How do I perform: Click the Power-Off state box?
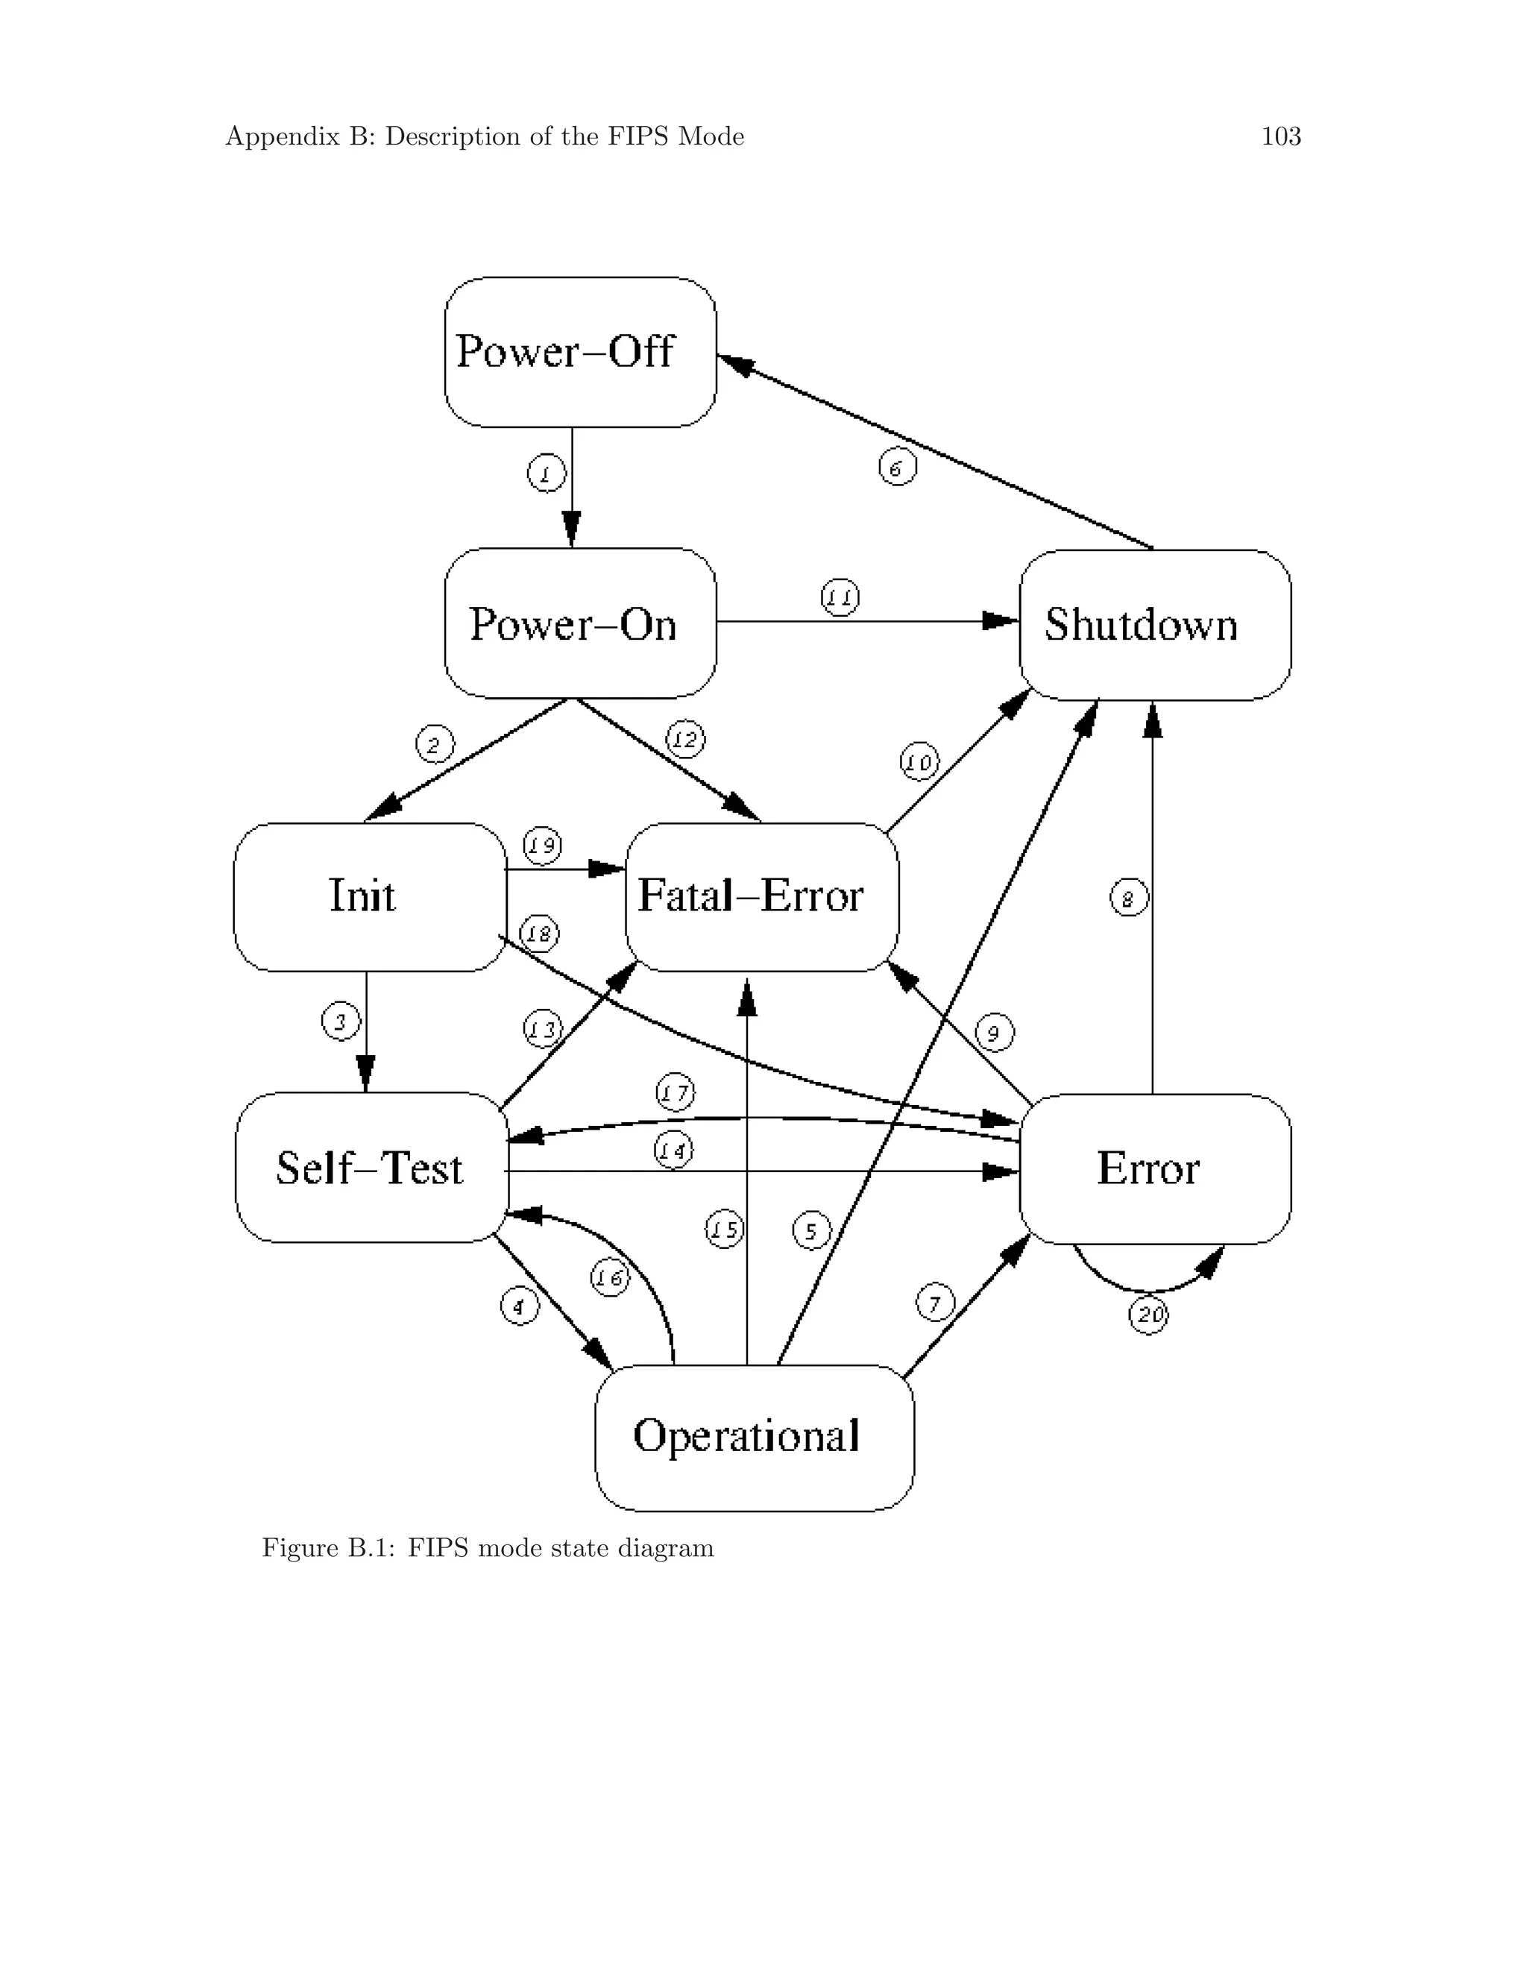click(580, 352)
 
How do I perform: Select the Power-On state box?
click(580, 623)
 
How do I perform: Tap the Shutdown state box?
click(1154, 625)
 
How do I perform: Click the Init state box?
click(369, 896)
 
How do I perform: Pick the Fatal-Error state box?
click(762, 896)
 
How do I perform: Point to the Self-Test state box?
click(371, 1167)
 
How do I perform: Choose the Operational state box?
click(754, 1438)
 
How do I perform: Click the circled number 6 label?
click(898, 468)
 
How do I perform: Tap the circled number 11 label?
click(840, 597)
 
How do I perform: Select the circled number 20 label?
click(1148, 1315)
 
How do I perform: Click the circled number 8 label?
click(1128, 899)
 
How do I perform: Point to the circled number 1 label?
click(546, 473)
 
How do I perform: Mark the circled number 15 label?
click(724, 1230)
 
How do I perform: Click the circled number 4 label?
click(519, 1306)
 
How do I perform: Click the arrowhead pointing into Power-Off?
click(734, 363)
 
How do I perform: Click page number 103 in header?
click(1281, 136)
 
